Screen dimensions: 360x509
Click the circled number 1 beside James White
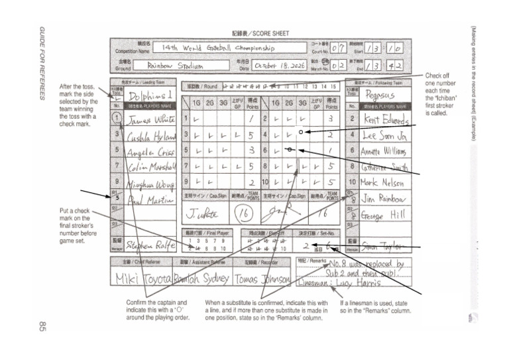click(x=117, y=119)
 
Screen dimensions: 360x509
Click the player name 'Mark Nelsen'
click(x=384, y=182)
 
